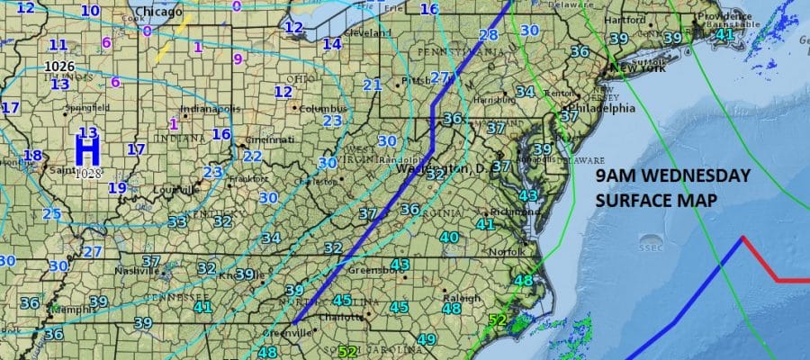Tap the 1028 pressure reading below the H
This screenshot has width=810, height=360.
(88, 172)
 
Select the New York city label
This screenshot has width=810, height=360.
(635, 67)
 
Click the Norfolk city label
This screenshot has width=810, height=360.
(504, 252)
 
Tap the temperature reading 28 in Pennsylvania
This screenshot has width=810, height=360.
(488, 35)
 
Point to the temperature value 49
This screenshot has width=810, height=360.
(427, 340)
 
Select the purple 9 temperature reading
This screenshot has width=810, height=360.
(238, 59)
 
